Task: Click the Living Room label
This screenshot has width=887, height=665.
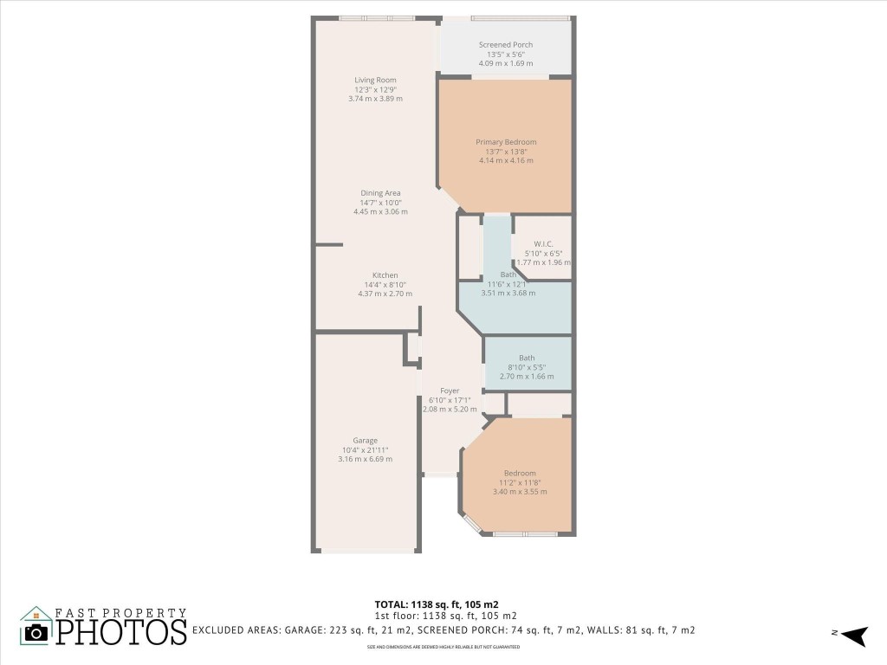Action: pyautogui.click(x=375, y=81)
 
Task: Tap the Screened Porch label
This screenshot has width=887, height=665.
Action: pyautogui.click(x=506, y=45)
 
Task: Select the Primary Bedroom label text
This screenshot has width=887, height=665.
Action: pyautogui.click(x=506, y=142)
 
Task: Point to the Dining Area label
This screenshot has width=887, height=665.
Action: pyautogui.click(x=380, y=193)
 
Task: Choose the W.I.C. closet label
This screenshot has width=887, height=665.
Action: pyautogui.click(x=543, y=243)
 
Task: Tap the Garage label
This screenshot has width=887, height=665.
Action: pyautogui.click(x=365, y=441)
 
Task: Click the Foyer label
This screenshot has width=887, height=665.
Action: pyautogui.click(x=450, y=391)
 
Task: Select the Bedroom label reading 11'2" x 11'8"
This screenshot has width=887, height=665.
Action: pyautogui.click(x=520, y=473)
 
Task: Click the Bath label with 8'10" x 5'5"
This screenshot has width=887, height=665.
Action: pyautogui.click(x=527, y=358)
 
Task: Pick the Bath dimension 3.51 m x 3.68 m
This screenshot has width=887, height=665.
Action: pyautogui.click(x=508, y=293)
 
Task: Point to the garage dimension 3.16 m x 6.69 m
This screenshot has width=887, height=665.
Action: pyautogui.click(x=365, y=459)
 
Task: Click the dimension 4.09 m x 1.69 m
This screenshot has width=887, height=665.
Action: pyautogui.click(x=506, y=63)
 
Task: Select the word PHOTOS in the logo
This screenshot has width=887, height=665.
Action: pyautogui.click(x=121, y=632)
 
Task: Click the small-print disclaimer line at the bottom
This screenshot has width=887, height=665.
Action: pyautogui.click(x=443, y=647)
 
